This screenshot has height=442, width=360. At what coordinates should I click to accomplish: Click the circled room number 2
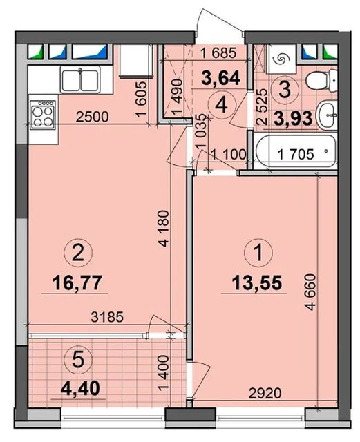click(78, 253)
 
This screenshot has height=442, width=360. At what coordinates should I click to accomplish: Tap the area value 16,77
click(77, 282)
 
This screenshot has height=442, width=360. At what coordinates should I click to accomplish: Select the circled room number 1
click(258, 253)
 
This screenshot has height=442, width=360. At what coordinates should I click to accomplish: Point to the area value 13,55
click(257, 282)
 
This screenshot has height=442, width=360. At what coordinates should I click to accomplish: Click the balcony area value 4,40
click(80, 388)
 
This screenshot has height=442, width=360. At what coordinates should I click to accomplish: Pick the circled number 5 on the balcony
click(78, 360)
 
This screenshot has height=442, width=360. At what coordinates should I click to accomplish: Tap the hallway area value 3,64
click(220, 78)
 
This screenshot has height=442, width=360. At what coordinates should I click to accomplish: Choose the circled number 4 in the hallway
click(222, 106)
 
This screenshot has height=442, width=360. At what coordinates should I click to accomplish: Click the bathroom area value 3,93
click(293, 118)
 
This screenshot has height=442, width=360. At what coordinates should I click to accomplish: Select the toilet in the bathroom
click(321, 81)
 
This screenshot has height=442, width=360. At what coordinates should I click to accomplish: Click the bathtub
click(295, 152)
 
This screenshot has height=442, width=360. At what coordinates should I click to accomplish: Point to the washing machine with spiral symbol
click(282, 58)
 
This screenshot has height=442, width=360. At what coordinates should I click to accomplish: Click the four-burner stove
click(43, 115)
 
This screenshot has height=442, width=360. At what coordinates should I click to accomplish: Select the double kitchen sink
click(80, 79)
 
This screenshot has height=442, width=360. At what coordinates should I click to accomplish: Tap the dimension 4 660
click(310, 292)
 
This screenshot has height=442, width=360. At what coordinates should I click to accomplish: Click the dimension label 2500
click(92, 117)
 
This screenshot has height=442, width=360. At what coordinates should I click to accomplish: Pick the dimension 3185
click(107, 317)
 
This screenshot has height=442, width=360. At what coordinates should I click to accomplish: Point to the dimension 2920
click(265, 393)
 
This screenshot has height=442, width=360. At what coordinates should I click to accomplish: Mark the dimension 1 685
click(218, 52)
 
